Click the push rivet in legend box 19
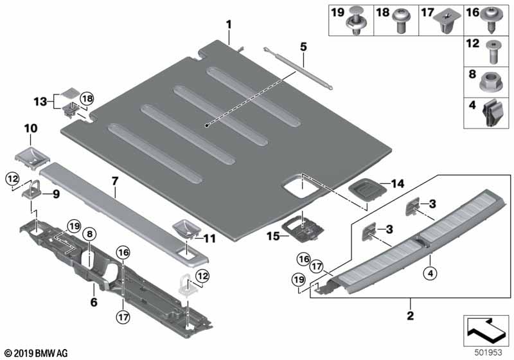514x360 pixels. point(354,23)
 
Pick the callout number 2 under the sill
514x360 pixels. point(411,316)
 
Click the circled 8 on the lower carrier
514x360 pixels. point(89,235)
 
